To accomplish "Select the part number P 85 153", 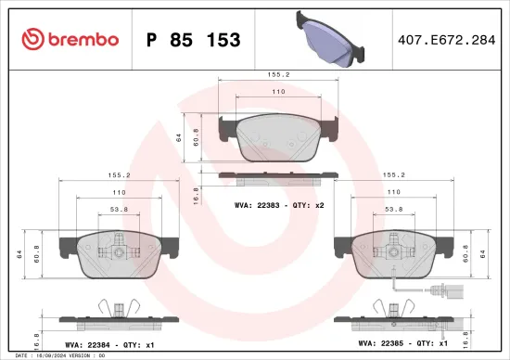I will pos(194,40).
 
